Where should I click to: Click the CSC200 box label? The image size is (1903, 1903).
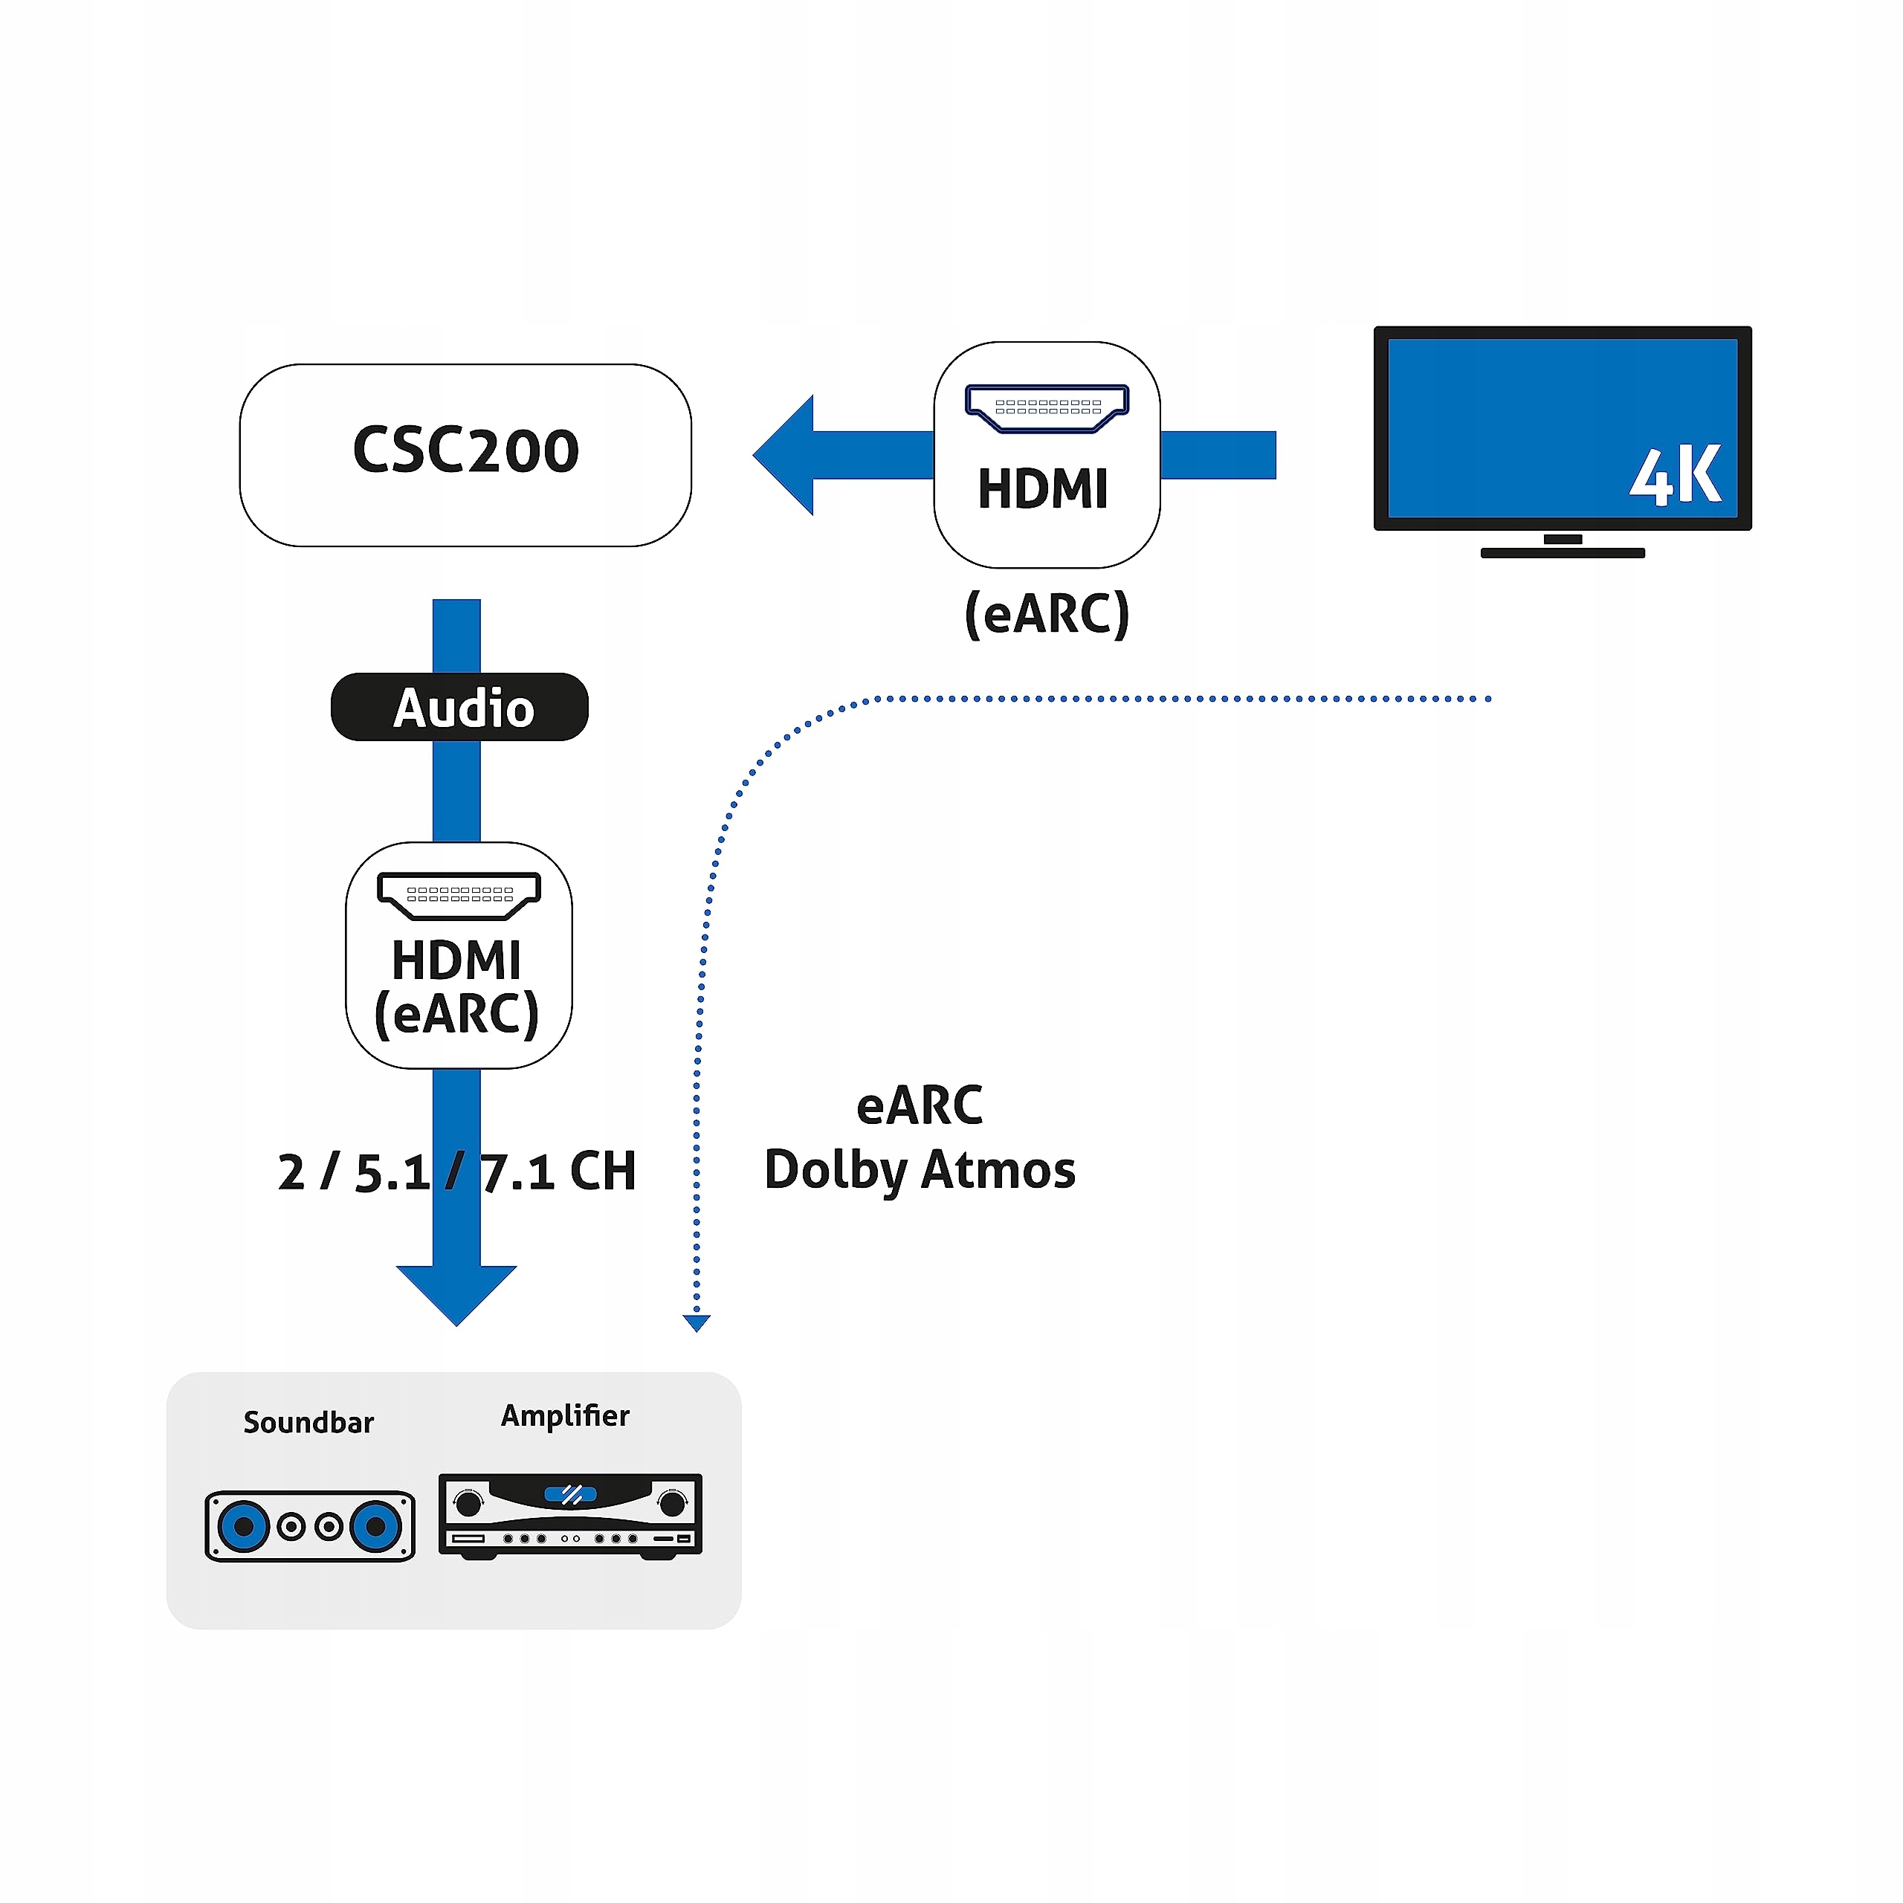(466, 450)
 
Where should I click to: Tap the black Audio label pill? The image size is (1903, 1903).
(459, 707)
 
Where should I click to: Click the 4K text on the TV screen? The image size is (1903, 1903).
(1675, 476)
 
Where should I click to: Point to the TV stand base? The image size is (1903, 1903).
(1563, 552)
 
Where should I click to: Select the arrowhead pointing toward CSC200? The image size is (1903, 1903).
(784, 455)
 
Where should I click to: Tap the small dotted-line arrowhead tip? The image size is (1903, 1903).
(697, 1331)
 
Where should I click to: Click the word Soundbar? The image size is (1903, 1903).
(308, 1422)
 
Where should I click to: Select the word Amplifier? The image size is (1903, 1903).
(566, 1415)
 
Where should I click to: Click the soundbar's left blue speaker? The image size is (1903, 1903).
(243, 1527)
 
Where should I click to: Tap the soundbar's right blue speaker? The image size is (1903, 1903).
(376, 1527)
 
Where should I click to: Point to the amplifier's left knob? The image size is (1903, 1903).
(469, 1503)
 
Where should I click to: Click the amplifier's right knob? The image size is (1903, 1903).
(673, 1503)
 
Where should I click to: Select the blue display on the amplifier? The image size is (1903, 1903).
(570, 1494)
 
